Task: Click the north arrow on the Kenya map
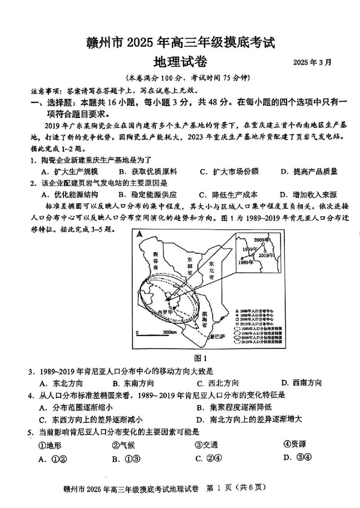pos(139,234)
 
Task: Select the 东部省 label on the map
pos(190,266)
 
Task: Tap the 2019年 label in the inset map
pos(266,255)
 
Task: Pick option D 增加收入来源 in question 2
pos(308,195)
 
